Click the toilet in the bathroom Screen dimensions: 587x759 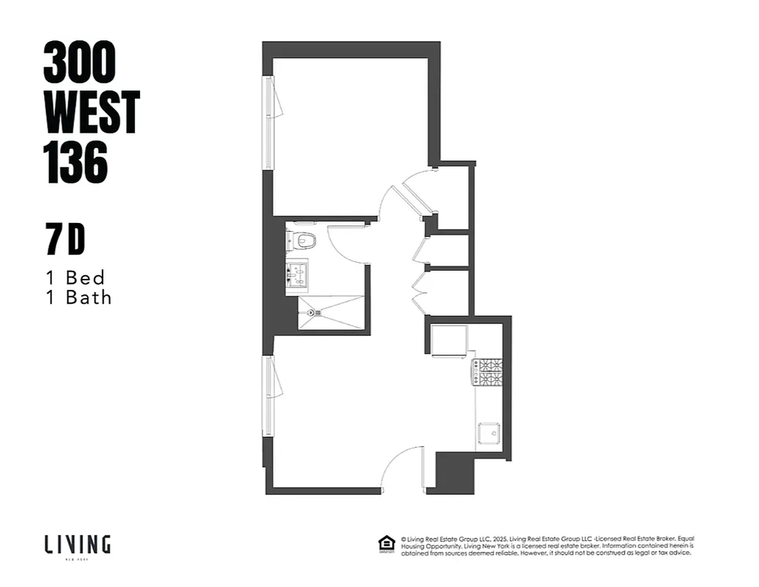coord(303,240)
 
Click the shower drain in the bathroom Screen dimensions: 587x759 coord(312,313)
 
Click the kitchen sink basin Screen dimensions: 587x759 coord(489,434)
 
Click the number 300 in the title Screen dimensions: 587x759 coord(79,62)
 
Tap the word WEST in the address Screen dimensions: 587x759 coord(92,112)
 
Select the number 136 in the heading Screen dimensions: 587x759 coord(76,162)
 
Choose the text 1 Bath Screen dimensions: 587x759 coord(78,297)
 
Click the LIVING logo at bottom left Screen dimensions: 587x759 coord(77,544)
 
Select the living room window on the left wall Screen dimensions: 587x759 coord(268,396)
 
